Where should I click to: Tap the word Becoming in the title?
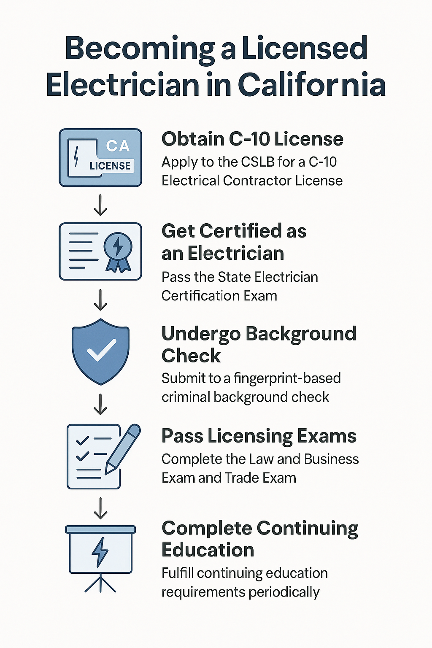[x=140, y=49]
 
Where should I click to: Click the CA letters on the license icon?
[x=117, y=146]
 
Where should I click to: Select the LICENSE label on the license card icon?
[x=110, y=166]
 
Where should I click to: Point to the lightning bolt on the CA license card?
[x=76, y=156]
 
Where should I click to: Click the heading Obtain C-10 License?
[x=252, y=139]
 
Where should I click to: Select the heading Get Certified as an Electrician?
[x=234, y=242]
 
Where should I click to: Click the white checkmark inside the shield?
[x=102, y=350]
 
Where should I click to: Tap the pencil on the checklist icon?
[x=122, y=449]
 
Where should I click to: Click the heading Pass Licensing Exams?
[x=259, y=436]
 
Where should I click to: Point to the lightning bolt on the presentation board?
[x=100, y=552]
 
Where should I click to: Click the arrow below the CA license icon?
[x=100, y=205]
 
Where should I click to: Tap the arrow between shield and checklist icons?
[x=100, y=404]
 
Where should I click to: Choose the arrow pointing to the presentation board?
[x=100, y=508]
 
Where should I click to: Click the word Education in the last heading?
[x=208, y=550]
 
